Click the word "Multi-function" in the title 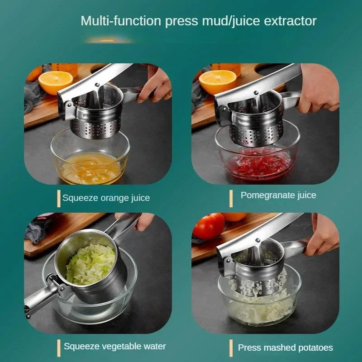click(x=121, y=21)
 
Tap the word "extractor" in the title click(x=290, y=21)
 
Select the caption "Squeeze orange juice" click(x=106, y=198)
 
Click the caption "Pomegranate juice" click(x=278, y=195)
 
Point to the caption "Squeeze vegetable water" click(x=115, y=346)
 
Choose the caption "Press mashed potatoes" click(x=286, y=348)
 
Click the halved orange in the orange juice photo click(x=55, y=82)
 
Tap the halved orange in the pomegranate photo click(x=218, y=82)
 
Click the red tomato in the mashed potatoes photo click(x=209, y=226)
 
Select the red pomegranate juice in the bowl click(x=260, y=165)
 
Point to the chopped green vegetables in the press click(x=91, y=264)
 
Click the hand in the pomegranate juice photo click(x=319, y=88)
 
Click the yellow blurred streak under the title click(x=108, y=40)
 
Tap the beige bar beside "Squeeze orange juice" click(x=59, y=199)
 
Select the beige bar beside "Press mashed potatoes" click(x=231, y=348)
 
